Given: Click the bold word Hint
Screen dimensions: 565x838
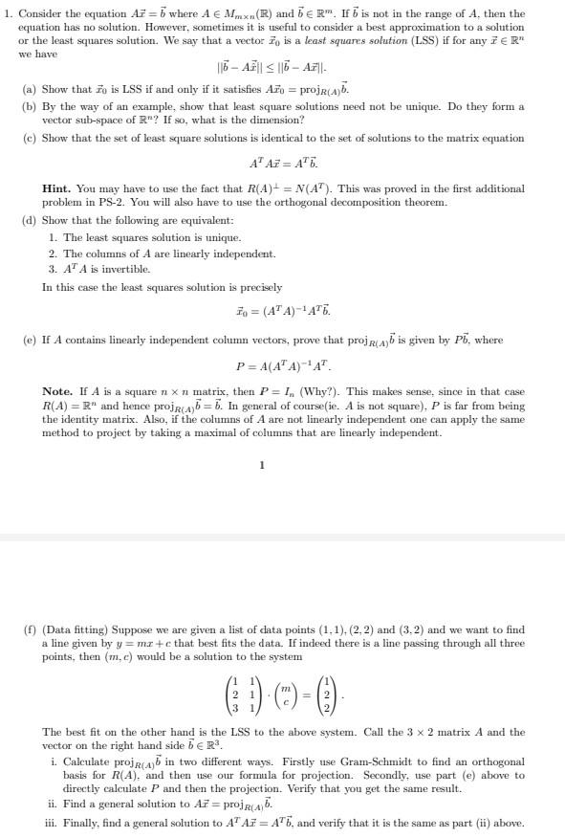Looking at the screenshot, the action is [56, 189].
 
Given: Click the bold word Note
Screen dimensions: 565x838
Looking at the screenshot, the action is [57, 392].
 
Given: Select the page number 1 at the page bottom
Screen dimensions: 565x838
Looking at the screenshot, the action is [261, 466].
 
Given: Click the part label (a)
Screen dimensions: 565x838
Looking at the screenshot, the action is [30, 89].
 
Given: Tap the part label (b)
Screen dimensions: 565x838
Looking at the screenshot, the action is [30, 106].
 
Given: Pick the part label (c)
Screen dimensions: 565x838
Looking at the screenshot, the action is [30, 138].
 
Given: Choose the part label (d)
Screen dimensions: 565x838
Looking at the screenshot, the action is [30, 220].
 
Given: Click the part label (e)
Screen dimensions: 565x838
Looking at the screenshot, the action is [30, 341].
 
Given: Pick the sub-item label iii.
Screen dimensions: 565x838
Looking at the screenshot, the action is [53, 824].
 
